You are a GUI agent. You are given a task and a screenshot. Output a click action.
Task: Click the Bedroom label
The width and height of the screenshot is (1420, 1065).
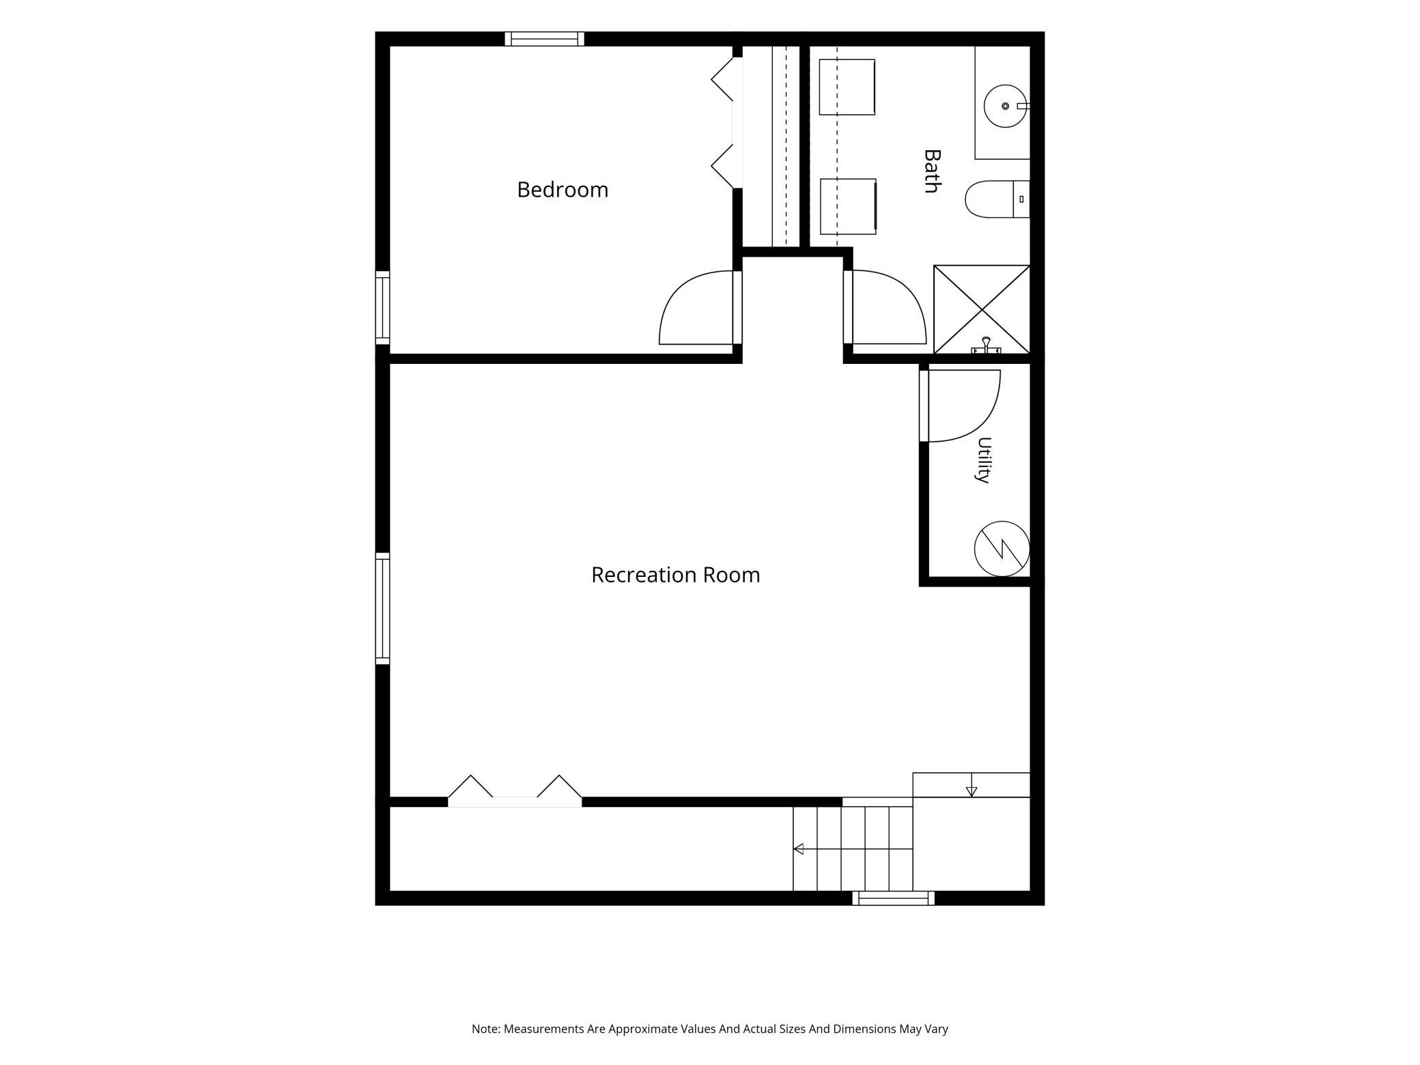point(563,190)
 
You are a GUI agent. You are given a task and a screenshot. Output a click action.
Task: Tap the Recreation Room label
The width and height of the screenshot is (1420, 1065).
point(676,575)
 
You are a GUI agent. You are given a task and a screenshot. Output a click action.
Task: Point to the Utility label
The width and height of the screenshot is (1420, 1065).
point(983,460)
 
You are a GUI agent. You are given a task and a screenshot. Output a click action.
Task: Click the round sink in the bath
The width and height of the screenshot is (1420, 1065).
point(1006,106)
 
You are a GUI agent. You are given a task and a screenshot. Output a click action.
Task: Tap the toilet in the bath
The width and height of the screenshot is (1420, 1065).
point(997,199)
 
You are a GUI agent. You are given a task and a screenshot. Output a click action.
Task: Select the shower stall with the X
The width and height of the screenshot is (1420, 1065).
point(982,309)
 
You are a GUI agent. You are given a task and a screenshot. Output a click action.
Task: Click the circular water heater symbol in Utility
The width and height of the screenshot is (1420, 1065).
point(1002,549)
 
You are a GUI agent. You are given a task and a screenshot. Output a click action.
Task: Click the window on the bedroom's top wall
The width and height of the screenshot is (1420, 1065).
point(545,39)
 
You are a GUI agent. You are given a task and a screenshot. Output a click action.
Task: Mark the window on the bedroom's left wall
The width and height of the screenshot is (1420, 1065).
point(382,308)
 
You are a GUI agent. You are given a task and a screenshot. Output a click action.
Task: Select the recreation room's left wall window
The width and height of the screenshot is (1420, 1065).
point(382,608)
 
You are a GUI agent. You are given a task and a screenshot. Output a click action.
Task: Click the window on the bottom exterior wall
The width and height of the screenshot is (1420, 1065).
point(893,898)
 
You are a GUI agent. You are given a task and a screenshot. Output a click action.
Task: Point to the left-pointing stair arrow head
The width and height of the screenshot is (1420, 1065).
point(798,849)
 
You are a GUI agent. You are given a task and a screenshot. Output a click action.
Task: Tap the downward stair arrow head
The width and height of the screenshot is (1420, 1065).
point(971,792)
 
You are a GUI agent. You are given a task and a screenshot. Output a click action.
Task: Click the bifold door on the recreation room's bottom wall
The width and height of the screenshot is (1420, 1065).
point(515,791)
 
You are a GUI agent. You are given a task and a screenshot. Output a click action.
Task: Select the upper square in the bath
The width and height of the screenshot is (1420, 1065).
point(847,87)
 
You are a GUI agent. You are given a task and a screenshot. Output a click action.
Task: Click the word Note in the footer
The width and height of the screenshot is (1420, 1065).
point(485,1029)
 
